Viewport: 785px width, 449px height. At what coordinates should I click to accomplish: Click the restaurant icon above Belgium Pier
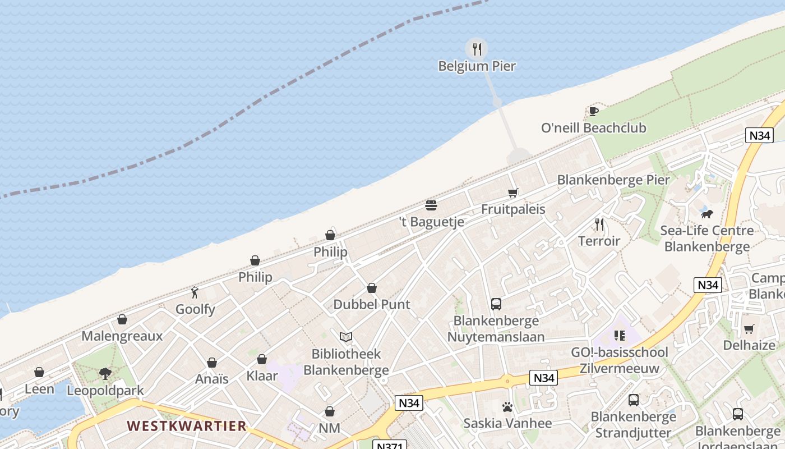[477, 49]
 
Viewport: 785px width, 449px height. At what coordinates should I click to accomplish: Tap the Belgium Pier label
[477, 66]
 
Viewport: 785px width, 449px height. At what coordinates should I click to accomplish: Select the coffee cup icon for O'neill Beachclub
[593, 111]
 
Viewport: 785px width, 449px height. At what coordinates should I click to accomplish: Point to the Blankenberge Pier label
[613, 180]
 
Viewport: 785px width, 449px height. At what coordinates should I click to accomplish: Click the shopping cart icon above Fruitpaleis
[512, 193]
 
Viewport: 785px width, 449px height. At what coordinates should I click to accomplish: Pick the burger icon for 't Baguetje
[431, 205]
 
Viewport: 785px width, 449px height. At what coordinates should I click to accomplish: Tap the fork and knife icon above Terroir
[599, 224]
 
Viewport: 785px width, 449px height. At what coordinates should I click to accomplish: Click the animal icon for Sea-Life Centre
[706, 214]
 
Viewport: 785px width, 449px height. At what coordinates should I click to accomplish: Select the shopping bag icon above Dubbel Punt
[371, 288]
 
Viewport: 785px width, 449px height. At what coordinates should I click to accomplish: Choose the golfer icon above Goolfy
[195, 292]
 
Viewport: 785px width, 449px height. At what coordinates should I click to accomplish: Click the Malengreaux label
[122, 336]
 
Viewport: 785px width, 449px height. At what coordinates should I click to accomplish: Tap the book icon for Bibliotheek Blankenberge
[346, 337]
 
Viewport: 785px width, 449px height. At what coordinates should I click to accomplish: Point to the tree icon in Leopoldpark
[105, 373]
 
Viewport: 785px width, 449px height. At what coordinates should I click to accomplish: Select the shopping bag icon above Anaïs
[212, 363]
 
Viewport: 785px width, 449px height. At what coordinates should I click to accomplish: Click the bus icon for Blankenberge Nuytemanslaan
[496, 304]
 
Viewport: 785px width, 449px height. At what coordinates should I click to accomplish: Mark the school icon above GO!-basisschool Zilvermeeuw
[619, 336]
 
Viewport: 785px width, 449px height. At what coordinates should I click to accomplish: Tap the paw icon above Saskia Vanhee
[507, 406]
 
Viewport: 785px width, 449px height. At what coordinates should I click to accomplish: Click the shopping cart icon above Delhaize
[749, 329]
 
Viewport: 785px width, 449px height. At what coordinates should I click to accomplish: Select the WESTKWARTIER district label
[187, 426]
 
